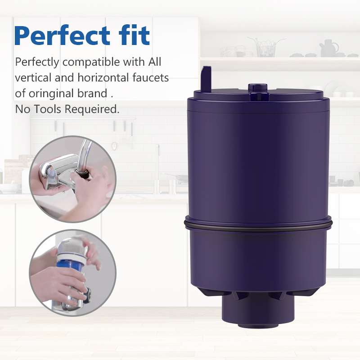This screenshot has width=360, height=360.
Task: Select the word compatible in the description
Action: [91, 63]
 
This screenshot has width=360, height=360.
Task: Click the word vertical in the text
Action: [33, 78]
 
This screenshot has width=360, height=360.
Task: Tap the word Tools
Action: [48, 109]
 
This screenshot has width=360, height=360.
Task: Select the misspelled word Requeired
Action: [92, 109]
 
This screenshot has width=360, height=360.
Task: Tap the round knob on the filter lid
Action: [257, 87]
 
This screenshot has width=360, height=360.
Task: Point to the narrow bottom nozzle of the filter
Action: [258, 310]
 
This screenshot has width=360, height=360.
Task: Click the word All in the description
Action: [154, 62]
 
